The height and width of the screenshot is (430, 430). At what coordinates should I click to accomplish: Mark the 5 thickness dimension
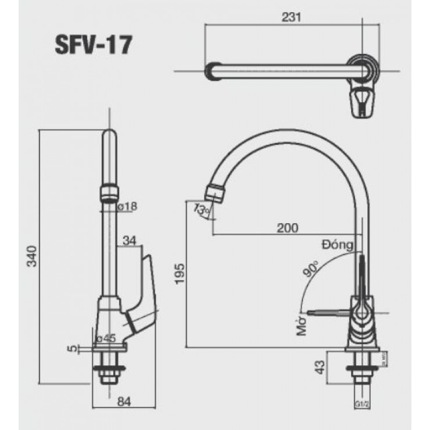pos(71,348)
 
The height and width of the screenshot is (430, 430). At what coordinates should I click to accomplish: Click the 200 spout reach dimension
pos(287,228)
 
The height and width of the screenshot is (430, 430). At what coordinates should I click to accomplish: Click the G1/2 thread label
pos(360,403)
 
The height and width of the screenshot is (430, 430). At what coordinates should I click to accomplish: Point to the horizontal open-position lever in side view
pos(330,313)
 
